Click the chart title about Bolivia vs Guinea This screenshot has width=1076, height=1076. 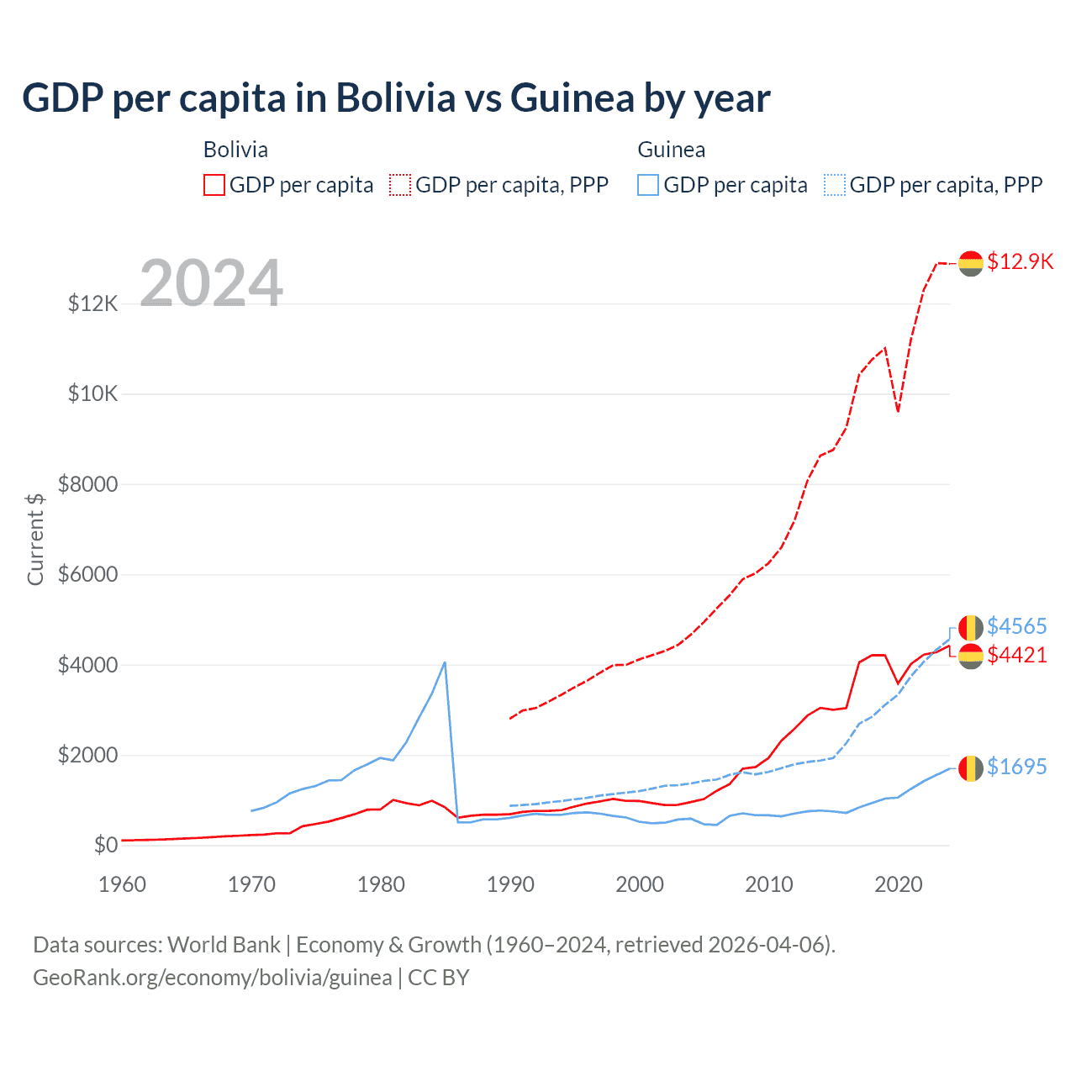[396, 98]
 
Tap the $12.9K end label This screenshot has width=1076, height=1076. [1020, 261]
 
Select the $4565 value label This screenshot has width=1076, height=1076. [1016, 626]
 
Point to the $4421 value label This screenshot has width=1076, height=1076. [1016, 655]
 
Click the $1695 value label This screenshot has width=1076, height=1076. [1016, 767]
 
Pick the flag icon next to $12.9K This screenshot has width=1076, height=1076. [971, 263]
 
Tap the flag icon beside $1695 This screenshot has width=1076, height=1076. [971, 767]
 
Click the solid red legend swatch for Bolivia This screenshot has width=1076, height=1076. [214, 185]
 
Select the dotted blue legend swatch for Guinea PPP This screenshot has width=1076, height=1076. [835, 185]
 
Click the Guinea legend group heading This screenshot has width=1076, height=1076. [671, 150]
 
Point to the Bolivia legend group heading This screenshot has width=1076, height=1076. [235, 150]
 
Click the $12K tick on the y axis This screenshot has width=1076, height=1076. [93, 303]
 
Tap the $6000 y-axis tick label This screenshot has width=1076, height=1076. [87, 575]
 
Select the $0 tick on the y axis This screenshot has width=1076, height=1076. [105, 845]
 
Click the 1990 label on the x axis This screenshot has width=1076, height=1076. [510, 884]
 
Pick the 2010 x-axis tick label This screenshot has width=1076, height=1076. [769, 884]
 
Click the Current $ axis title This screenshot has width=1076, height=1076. [35, 540]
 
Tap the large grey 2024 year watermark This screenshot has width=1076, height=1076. [211, 283]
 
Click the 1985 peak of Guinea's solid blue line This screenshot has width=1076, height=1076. [445, 662]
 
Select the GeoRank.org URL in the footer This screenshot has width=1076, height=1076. [212, 978]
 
